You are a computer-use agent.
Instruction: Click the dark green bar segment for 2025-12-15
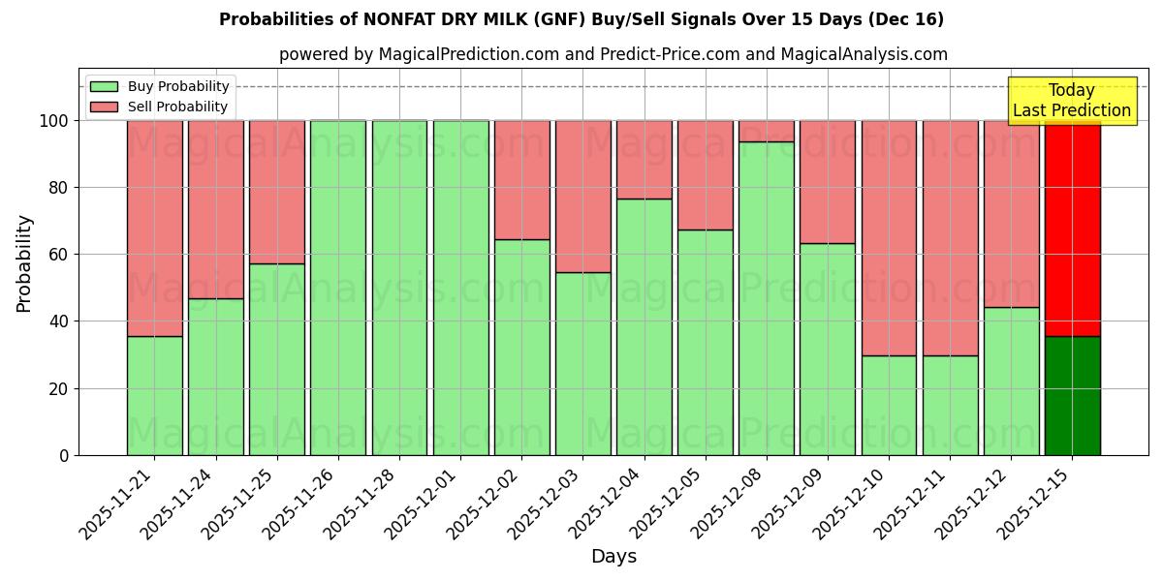[x=1072, y=396]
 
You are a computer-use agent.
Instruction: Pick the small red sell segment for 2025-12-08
[x=766, y=131]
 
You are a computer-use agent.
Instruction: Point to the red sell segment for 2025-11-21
[x=154, y=229]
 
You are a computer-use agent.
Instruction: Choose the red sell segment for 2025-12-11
[x=950, y=238]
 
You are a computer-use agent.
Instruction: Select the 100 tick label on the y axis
[x=53, y=121]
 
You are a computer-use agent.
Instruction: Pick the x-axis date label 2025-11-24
[x=180, y=505]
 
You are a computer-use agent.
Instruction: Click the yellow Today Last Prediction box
[x=1071, y=101]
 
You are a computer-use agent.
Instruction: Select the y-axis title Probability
[x=24, y=263]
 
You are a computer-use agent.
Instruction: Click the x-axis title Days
[x=613, y=557]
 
